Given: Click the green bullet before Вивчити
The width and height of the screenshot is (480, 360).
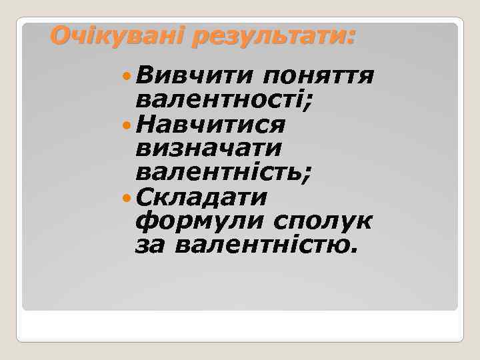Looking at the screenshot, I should coord(127,76).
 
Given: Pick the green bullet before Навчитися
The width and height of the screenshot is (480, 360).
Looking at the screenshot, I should coord(127,124).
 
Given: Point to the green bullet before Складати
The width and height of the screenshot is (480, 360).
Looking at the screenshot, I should coord(127,198).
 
